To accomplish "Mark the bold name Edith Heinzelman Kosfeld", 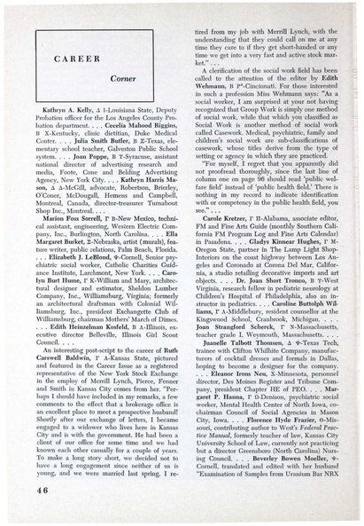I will [x=99, y=373].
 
